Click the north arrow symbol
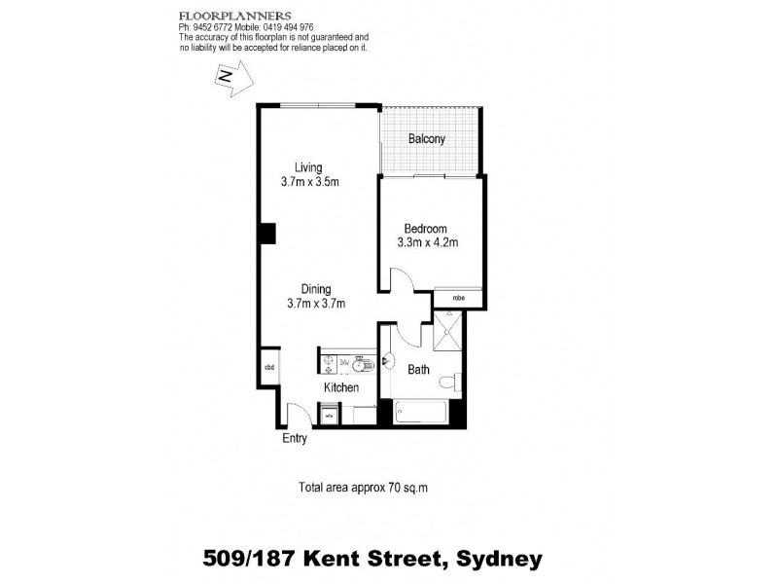pos(232,76)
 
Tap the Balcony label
pos(427,139)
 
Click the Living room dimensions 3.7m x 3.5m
pos(309,182)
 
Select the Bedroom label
pos(425,229)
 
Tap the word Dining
pos(316,289)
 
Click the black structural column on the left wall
pos(266,234)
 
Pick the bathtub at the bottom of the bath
pos(419,412)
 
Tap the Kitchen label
pos(341,387)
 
